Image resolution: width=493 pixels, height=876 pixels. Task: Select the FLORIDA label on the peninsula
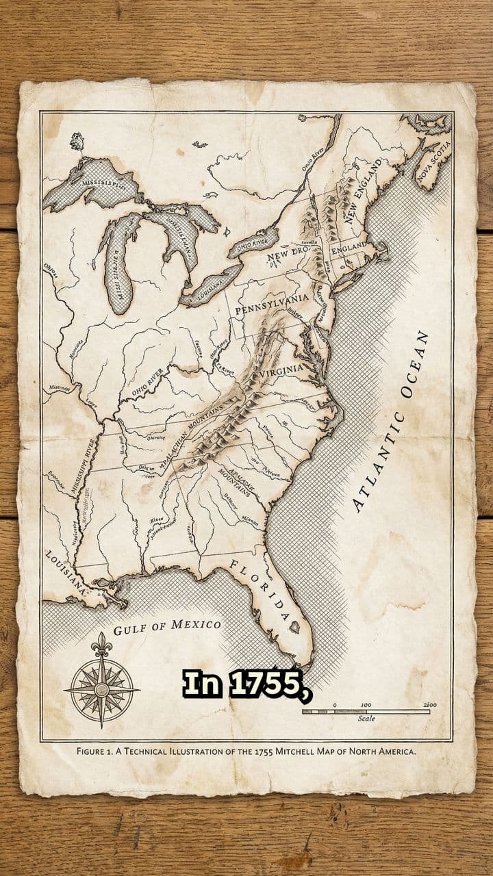[260, 590]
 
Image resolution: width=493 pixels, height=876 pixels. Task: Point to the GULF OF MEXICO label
[167, 626]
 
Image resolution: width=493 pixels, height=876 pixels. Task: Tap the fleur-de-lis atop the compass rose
[102, 643]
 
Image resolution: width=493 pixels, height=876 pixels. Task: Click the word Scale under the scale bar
[366, 719]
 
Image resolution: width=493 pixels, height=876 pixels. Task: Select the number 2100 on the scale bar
[430, 704]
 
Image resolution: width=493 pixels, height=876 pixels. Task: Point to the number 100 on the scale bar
[366, 704]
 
